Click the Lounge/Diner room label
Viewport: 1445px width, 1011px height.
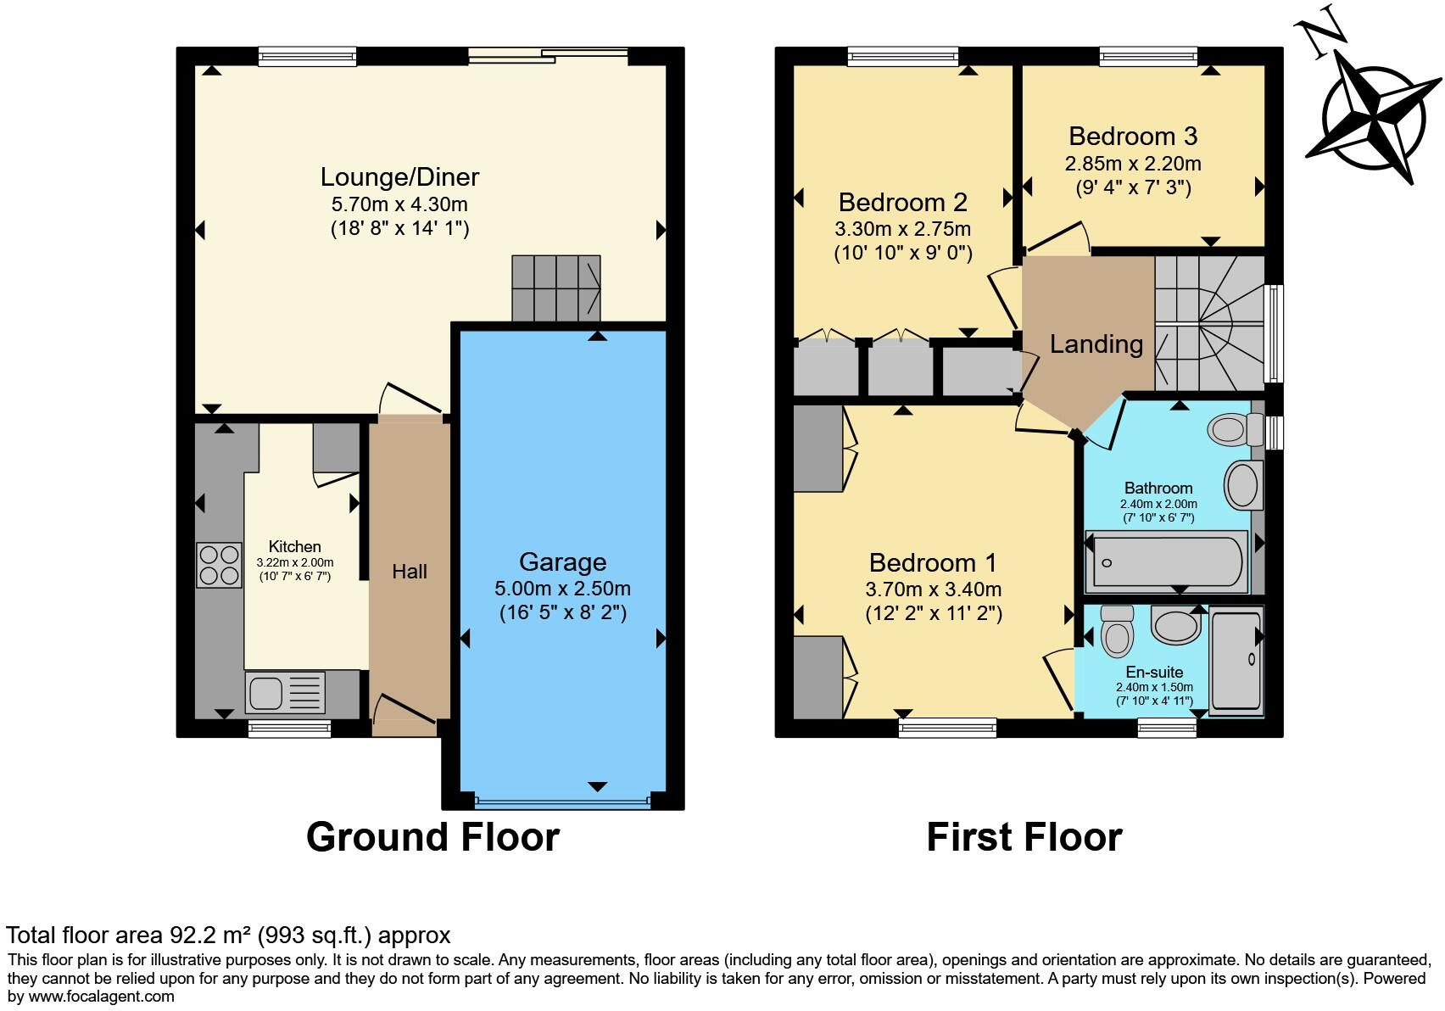399,177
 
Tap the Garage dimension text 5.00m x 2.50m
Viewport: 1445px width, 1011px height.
562,589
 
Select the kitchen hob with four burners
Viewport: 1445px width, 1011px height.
219,566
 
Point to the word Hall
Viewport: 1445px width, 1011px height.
410,572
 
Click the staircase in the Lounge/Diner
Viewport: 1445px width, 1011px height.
555,288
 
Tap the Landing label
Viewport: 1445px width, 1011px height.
1096,344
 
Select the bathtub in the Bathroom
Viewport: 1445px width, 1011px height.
1167,561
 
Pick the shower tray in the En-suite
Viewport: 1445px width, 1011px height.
1236,660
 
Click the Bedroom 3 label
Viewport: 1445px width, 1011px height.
1132,137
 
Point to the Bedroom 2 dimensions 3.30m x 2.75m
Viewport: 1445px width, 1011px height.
902,230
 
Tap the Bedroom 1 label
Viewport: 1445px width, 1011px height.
932,563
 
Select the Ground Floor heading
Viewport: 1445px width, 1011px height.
432,837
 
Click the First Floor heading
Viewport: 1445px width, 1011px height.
1024,837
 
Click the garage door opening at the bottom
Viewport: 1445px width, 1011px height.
562,801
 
